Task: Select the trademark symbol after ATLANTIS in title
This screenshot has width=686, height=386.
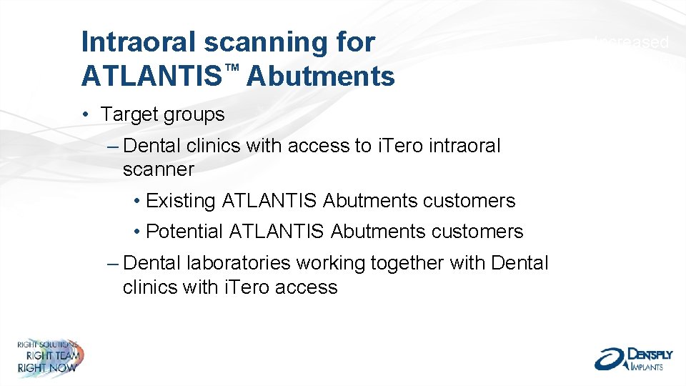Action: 231,67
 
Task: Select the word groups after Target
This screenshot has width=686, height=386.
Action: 194,114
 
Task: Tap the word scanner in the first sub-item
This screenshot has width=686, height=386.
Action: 158,169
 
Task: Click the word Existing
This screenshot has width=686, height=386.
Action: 181,201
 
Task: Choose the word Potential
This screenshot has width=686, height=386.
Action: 184,232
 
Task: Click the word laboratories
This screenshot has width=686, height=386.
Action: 239,263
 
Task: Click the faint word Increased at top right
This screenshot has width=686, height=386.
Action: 632,43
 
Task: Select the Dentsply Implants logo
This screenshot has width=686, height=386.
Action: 633,357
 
